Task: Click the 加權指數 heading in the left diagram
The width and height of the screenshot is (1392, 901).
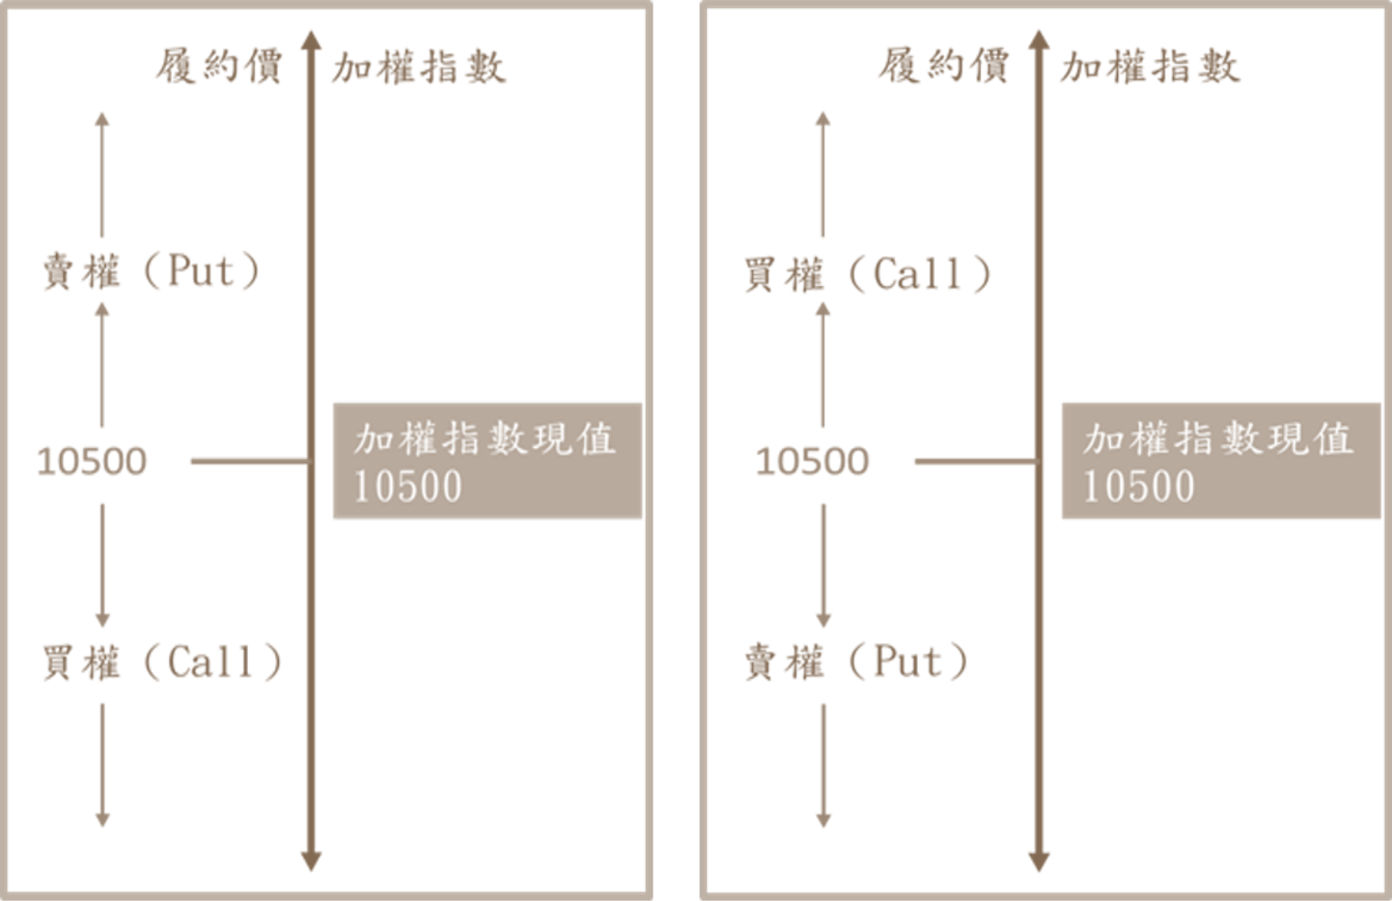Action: (x=418, y=68)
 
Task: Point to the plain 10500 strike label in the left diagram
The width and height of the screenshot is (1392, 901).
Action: (x=91, y=461)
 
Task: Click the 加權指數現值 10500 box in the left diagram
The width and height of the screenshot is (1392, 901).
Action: (x=488, y=460)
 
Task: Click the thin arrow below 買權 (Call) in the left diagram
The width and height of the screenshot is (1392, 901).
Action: (x=102, y=764)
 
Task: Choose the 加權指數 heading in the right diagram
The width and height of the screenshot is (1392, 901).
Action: (x=1149, y=68)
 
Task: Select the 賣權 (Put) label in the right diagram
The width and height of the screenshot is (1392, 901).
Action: (x=855, y=661)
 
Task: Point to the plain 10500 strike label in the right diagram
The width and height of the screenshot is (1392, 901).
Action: (x=812, y=461)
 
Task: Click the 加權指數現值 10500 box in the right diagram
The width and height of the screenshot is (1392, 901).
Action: (x=1220, y=460)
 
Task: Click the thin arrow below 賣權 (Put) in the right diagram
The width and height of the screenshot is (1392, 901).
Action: (x=823, y=765)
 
